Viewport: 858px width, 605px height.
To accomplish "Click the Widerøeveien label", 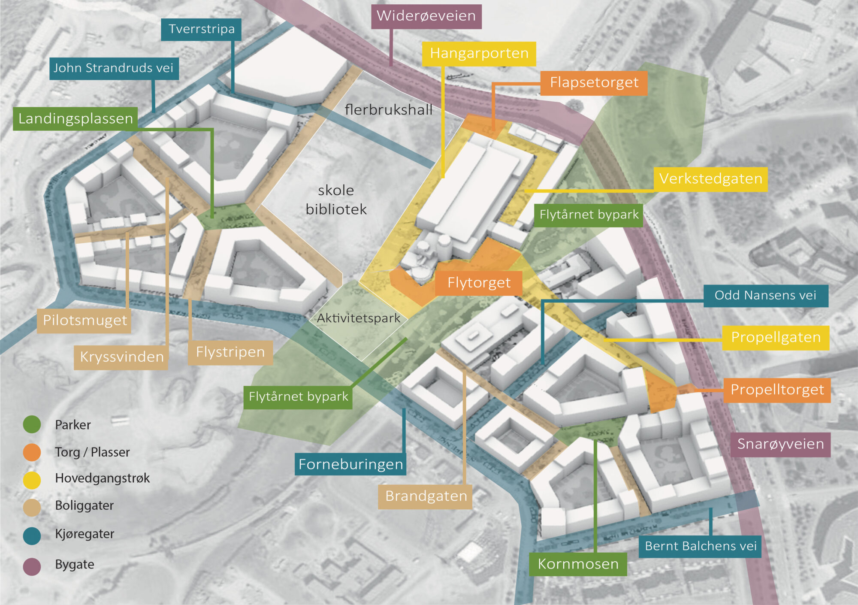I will click(x=426, y=16).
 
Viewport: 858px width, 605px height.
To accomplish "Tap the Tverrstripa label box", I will click(x=201, y=29).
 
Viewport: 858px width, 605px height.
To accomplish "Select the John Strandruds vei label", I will click(x=114, y=68).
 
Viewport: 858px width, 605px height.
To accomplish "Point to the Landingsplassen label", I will click(x=76, y=118).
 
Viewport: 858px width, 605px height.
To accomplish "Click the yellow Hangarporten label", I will click(x=479, y=54).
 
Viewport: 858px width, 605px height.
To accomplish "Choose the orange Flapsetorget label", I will click(x=594, y=83).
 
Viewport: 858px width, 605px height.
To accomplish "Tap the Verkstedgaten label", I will click(x=710, y=179).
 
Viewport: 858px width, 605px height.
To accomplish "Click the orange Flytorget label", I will click(x=479, y=283).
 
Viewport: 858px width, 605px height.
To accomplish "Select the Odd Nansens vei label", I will click(x=765, y=296).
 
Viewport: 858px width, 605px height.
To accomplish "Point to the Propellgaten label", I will click(x=776, y=338).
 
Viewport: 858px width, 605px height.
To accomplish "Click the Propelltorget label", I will click(x=777, y=390).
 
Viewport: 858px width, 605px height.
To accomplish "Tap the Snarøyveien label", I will click(x=780, y=444).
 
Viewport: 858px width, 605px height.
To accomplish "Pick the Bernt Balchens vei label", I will click(x=700, y=546).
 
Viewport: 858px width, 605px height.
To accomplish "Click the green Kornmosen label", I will click(x=578, y=564).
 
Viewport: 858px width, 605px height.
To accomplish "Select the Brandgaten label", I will click(x=426, y=496).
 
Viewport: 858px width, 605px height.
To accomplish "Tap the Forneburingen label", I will click(x=350, y=465).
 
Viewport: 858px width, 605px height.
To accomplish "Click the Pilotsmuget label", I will click(x=85, y=321).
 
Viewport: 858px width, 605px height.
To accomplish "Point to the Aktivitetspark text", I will click(x=358, y=318).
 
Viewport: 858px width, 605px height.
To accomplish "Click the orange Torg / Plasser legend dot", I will click(x=32, y=452).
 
